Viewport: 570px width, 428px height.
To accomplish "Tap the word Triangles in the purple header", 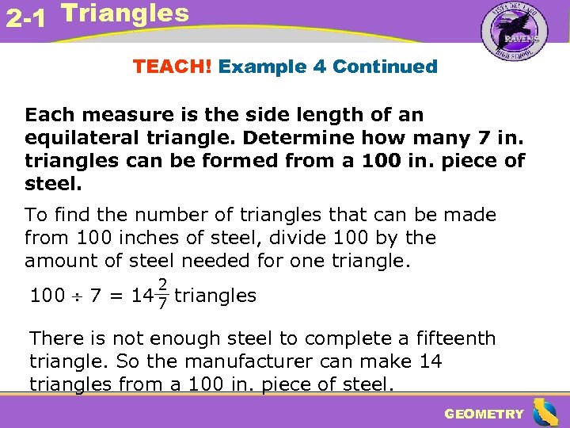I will click(x=125, y=13).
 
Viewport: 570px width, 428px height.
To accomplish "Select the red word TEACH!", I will click(x=173, y=67).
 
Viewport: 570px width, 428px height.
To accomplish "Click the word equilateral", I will click(x=78, y=139).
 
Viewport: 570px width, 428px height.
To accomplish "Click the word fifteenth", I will click(x=454, y=339).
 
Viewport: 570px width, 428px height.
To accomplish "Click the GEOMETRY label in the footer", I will click(x=484, y=414).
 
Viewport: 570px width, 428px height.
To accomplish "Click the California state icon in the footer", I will click(x=545, y=412).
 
